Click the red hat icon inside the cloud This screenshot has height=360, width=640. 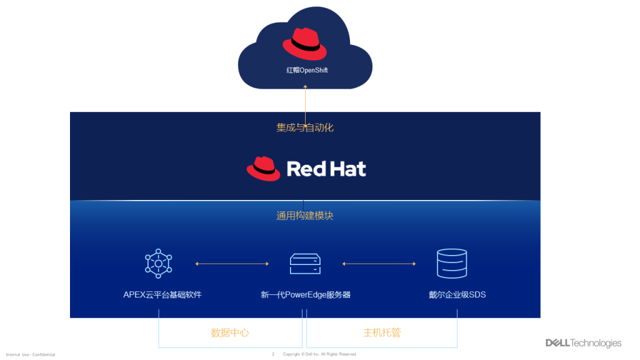click(305, 44)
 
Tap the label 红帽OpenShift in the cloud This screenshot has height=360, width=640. click(307, 70)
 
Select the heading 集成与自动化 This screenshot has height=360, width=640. click(305, 127)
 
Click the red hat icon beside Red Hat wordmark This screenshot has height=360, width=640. click(263, 169)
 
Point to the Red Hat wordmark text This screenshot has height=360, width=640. click(326, 169)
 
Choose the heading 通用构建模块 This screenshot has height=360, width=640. click(305, 216)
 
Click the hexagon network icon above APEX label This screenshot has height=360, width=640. click(159, 263)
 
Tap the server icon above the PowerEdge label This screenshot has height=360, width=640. click(305, 264)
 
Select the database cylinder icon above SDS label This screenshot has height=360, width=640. click(452, 263)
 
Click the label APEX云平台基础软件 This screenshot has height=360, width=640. click(162, 294)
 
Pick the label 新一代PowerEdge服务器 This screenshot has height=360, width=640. click(306, 294)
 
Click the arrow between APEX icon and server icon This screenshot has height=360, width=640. click(232, 264)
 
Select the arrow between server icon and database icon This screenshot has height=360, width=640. click(379, 264)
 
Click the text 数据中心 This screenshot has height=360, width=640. click(230, 332)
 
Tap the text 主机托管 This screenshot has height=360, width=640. click(382, 332)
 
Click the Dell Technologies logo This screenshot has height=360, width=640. click(583, 343)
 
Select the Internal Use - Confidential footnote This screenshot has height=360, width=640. click(31, 354)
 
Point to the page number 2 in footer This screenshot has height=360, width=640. click(273, 354)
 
